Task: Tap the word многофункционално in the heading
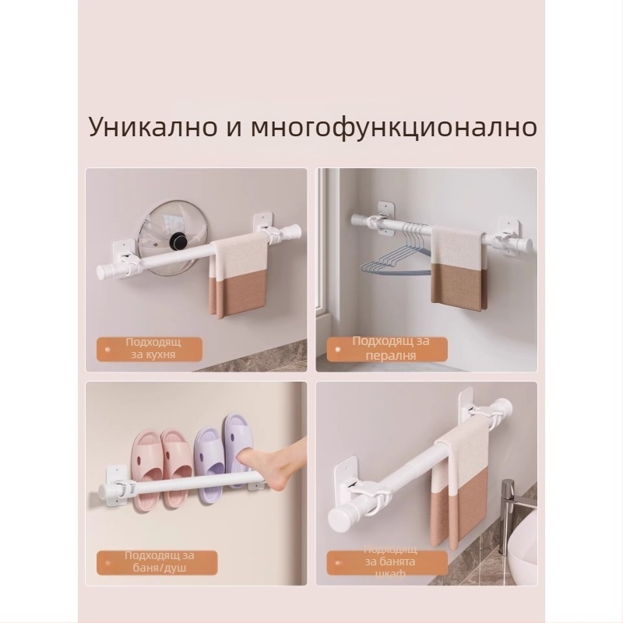point(394,126)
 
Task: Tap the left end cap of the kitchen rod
point(102,270)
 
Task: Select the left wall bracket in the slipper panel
point(115,482)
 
